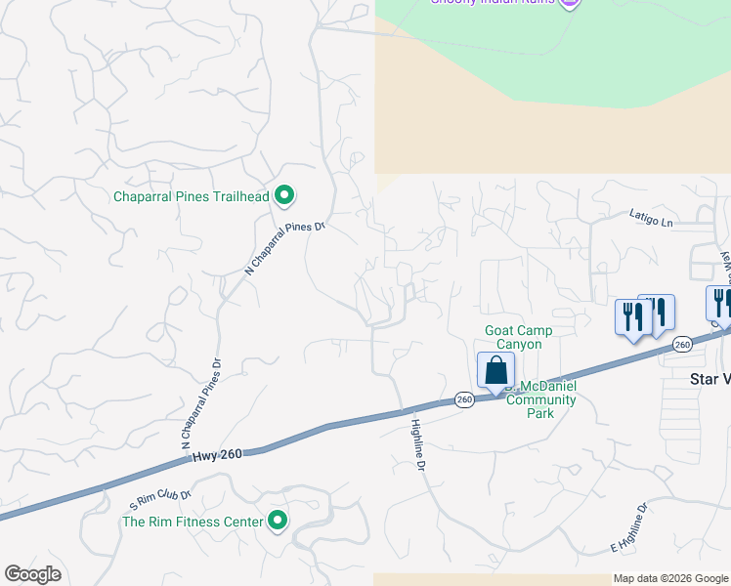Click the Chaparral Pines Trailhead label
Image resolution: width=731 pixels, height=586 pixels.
pos(192,196)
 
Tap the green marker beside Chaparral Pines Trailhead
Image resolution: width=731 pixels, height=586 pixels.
pos(284,196)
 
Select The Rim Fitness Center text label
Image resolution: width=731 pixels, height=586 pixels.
pos(193,522)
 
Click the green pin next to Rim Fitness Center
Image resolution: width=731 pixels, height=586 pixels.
pos(278,522)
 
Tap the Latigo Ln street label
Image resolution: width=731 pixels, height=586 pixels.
pos(652,222)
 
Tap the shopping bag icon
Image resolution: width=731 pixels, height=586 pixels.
pos(495,371)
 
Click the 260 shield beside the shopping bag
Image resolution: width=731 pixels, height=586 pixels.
pos(464,399)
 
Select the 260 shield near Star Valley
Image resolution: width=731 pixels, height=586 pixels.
pos(682,344)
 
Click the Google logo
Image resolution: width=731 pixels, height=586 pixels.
pos(32,574)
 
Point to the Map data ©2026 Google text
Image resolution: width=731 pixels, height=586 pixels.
pos(670,578)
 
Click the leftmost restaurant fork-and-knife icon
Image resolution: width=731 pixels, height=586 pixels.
pos(631,316)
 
